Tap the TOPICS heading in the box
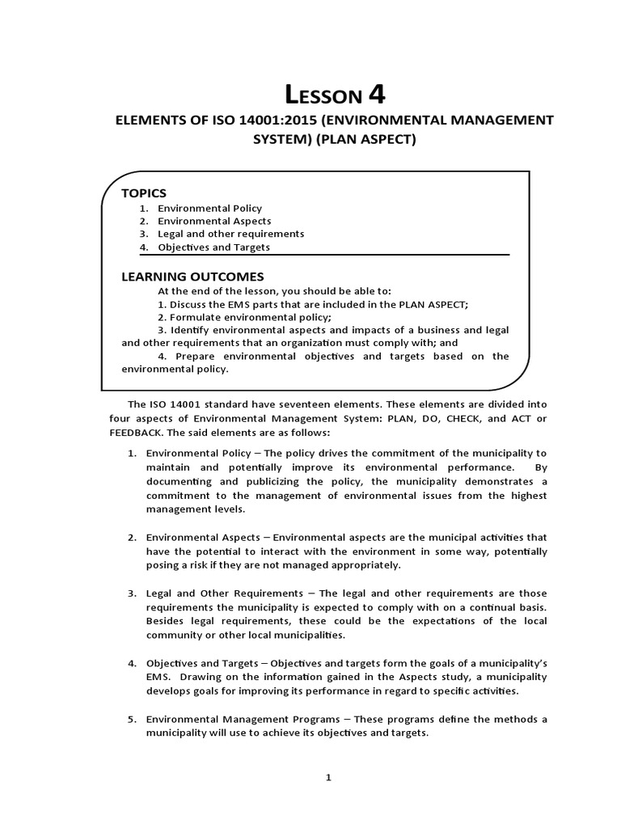coord(143,192)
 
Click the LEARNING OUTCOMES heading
coord(192,277)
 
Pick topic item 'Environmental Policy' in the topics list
coord(209,208)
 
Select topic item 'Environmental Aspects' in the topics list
coord(214,221)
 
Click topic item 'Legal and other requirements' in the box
coord(230,234)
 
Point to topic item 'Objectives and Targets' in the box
coord(213,247)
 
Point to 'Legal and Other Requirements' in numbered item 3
coord(218,594)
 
